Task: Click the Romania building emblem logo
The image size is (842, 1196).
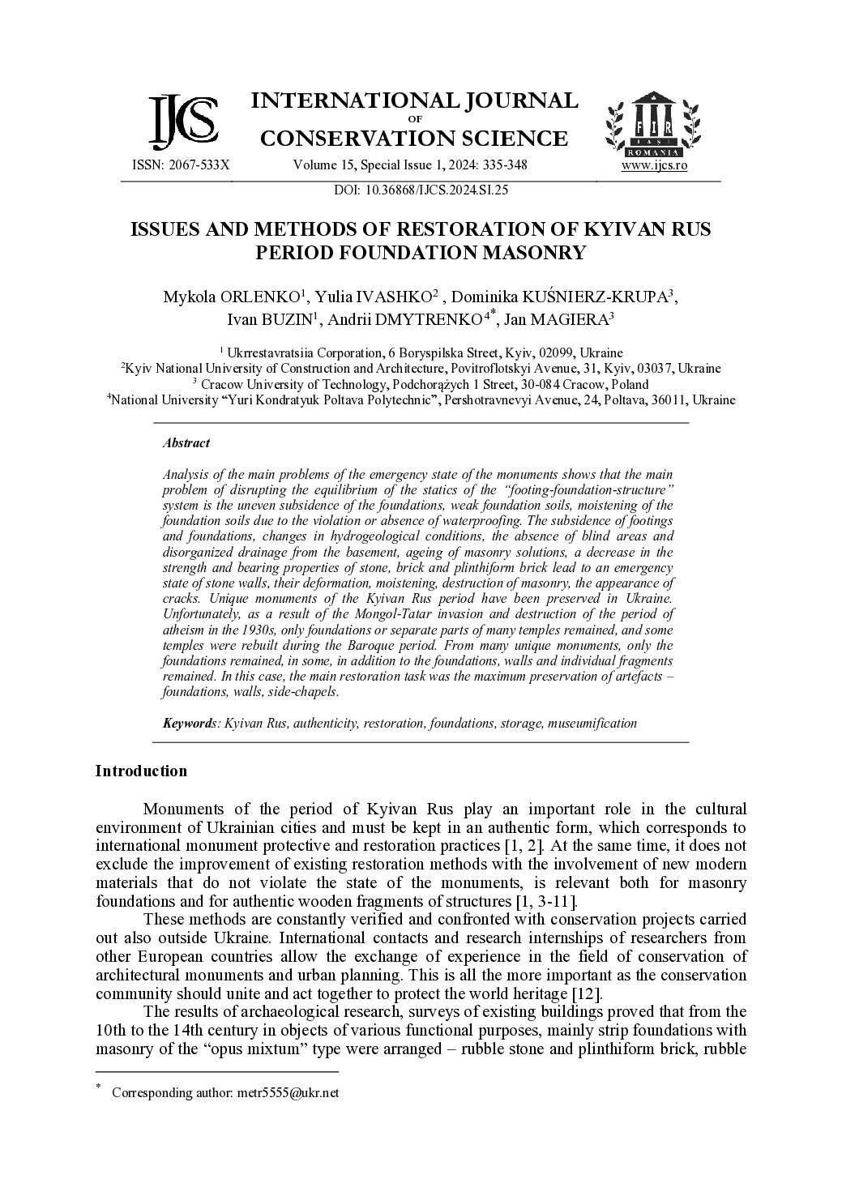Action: [x=654, y=124]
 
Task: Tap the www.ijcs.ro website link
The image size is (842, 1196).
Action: [x=654, y=165]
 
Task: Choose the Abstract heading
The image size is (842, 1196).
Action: [x=186, y=443]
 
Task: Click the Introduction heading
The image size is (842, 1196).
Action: [x=141, y=771]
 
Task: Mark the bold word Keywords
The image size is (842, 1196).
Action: [x=187, y=723]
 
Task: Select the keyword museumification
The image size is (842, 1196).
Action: [x=592, y=723]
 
